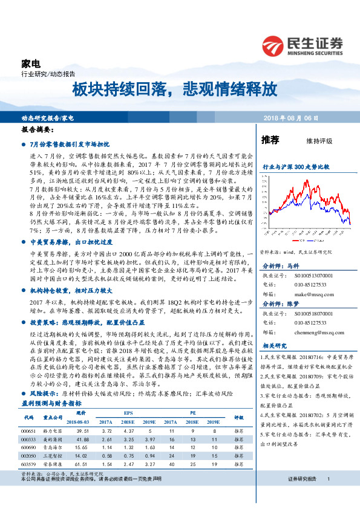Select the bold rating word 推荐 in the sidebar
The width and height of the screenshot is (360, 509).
[270, 140]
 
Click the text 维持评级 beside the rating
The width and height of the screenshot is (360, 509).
[319, 141]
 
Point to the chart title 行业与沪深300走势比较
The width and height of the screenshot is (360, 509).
[295, 166]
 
